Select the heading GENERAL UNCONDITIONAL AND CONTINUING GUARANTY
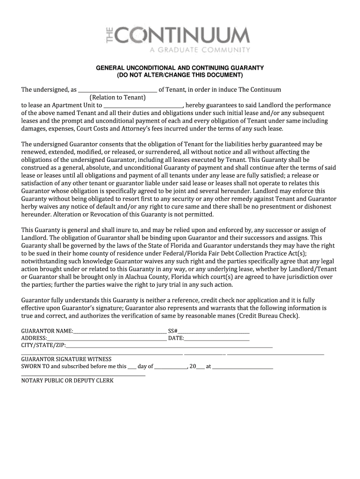coord(180,68)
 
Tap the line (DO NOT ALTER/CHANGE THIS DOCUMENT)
coord(180,75)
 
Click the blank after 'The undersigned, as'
coord(117,90)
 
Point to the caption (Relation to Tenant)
coord(118,97)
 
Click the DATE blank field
coord(216,338)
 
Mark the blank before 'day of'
coord(132,367)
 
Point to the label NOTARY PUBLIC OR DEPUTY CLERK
coord(67,381)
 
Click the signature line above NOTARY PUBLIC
coord(83,375)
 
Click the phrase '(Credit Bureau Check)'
coord(267,316)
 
